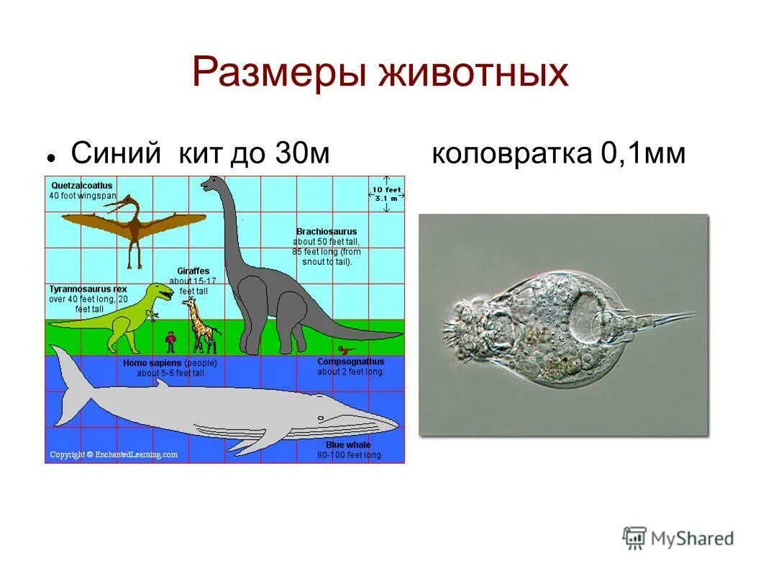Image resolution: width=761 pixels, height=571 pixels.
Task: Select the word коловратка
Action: pyautogui.click(x=509, y=153)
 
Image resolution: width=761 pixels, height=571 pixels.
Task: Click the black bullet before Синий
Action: pyautogui.click(x=52, y=156)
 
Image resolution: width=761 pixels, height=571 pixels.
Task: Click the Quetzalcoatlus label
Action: pyautogui.click(x=81, y=185)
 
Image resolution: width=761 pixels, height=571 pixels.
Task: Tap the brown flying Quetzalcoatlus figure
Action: pyautogui.click(x=133, y=226)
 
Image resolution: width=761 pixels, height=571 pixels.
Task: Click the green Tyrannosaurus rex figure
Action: pyautogui.click(x=129, y=317)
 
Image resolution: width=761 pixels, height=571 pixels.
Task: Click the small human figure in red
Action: pyautogui.click(x=170, y=341)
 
